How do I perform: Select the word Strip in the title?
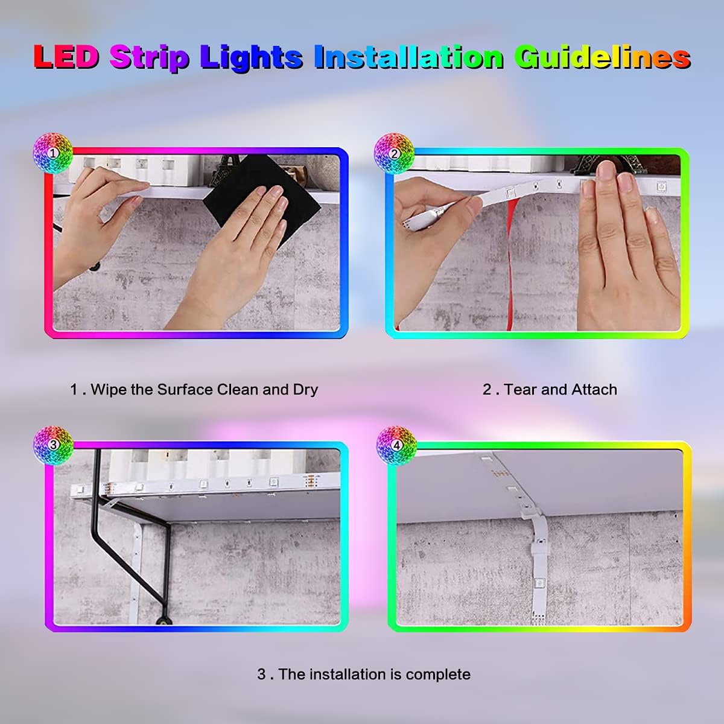pos(148,57)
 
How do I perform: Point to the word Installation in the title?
pos(408,57)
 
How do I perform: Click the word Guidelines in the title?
pos(602,57)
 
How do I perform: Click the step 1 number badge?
pos(52,153)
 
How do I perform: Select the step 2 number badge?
pos(394,153)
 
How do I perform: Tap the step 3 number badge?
pos(52,445)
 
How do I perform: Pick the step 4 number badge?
pos(396,445)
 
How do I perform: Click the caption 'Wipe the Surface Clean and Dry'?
pos(194,389)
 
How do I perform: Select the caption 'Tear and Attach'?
pos(550,389)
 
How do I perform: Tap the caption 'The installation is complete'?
pos(364,674)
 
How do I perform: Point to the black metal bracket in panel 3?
pos(145,555)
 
